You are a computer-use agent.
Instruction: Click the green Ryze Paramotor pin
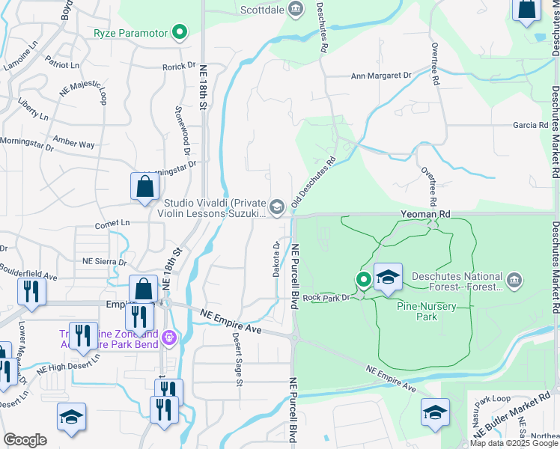tap(179, 32)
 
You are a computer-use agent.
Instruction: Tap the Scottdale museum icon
tap(296, 9)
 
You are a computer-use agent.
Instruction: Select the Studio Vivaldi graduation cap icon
tap(277, 207)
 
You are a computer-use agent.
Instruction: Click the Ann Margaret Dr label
tap(382, 76)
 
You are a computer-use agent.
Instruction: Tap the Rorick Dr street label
tap(178, 67)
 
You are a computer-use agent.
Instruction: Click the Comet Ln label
tap(112, 223)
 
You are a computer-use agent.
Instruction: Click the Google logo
tap(25, 440)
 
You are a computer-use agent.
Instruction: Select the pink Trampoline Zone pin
tap(171, 338)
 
